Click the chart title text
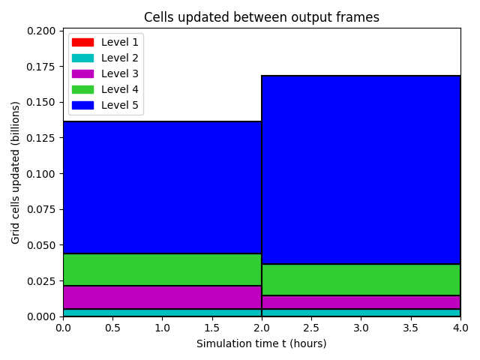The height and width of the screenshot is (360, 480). point(262,17)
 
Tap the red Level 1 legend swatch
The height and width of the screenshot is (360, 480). point(82,42)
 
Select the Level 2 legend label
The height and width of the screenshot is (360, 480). point(120,58)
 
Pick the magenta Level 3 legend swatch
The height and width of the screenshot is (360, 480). point(82,73)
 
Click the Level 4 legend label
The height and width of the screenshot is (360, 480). point(120,89)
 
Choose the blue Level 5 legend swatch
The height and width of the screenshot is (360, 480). point(82,105)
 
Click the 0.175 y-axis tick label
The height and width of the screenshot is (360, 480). point(41,67)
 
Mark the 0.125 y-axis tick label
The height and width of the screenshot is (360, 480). point(41,138)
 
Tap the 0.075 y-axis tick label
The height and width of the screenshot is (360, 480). point(41,209)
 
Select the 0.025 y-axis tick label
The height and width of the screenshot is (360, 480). point(41,281)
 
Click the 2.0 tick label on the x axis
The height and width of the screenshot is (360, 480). point(262,328)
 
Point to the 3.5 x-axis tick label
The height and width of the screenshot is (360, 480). point(410,328)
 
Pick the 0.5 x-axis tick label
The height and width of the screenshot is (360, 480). point(112,328)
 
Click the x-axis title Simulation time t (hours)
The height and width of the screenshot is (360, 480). point(262,343)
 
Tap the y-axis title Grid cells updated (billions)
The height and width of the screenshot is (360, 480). point(15,172)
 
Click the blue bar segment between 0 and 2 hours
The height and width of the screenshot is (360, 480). point(162,187)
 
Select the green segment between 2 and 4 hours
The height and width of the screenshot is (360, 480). point(361,280)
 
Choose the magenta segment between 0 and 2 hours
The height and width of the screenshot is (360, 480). point(162,297)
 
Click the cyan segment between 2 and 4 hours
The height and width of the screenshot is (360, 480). point(361,313)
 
